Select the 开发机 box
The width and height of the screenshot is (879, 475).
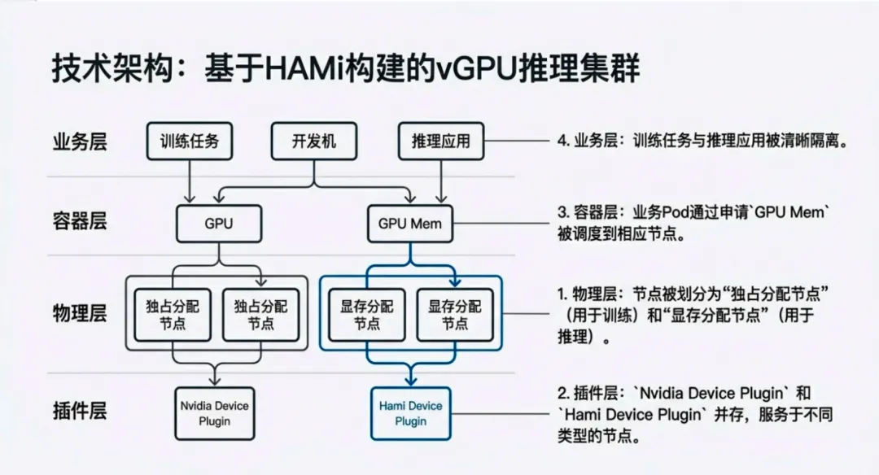click(313, 141)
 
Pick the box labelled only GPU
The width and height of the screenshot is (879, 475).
click(217, 222)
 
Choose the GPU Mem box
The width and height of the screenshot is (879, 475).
click(410, 222)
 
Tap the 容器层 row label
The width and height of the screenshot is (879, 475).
click(80, 222)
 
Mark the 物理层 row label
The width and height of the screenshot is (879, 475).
click(80, 313)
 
